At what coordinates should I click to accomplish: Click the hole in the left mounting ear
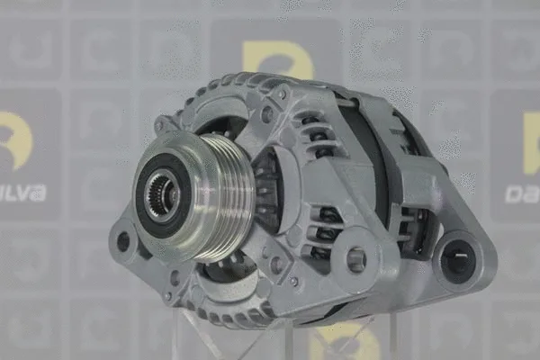coord(123,241)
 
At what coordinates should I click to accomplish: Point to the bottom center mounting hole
coord(355,260)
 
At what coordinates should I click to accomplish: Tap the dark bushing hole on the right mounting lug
coord(456,262)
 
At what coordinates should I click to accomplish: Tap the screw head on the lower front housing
coord(294,282)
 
